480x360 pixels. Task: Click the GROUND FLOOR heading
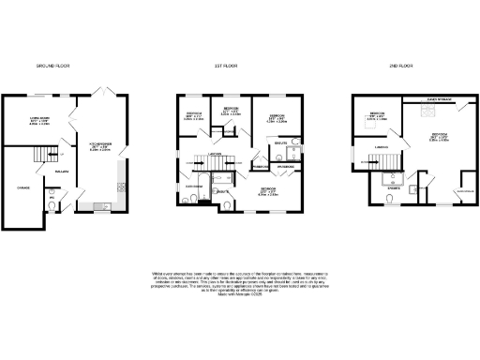pos(52,67)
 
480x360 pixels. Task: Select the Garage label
pos(18,187)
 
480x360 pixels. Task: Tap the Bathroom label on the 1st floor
pos(195,187)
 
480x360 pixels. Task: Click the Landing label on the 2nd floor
pos(382,146)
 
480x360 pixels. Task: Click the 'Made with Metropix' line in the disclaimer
pos(239,296)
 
